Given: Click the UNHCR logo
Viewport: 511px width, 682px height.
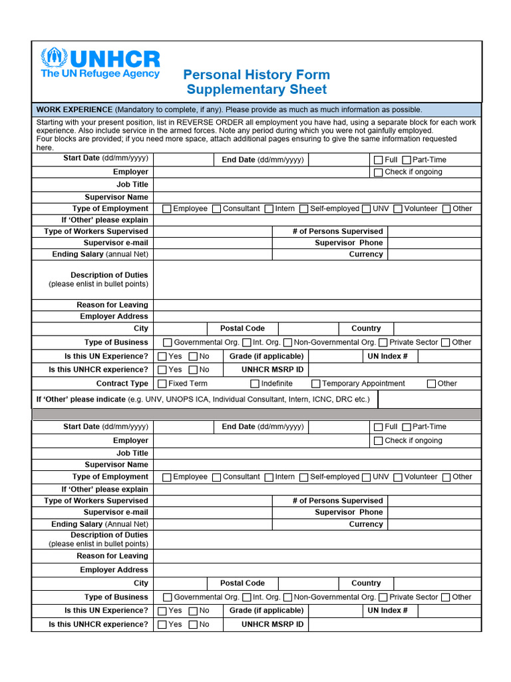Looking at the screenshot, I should click(x=100, y=63).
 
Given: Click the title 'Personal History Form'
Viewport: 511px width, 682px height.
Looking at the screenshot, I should click(x=256, y=75).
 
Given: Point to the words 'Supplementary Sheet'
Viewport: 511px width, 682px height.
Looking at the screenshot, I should click(x=256, y=90).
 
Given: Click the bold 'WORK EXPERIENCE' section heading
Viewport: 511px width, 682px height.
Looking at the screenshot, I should click(x=74, y=109).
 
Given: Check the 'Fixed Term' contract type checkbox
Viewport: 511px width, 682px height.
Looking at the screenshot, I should click(x=162, y=384).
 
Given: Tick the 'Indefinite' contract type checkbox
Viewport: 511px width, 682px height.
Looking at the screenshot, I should click(x=255, y=384).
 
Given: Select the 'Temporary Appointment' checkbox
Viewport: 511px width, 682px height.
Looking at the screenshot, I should click(x=316, y=384).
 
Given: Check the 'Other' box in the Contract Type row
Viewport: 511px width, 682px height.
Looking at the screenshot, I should click(x=431, y=384).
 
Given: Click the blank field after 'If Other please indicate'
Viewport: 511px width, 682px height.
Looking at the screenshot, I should click(x=429, y=399).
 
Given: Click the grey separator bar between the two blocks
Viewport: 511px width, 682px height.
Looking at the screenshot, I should click(x=256, y=414).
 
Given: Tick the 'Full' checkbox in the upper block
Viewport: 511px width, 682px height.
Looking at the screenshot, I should click(x=378, y=160).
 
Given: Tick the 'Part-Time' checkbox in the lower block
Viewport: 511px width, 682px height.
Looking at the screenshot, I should click(x=406, y=427).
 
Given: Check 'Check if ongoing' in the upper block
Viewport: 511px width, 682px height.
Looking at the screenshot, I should click(x=378, y=172).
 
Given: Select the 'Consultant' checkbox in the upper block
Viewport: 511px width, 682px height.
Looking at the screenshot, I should click(x=216, y=208).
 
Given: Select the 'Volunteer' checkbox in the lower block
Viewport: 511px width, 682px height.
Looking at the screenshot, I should click(x=397, y=477).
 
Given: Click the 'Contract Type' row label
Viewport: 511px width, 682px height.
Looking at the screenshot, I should click(x=122, y=384).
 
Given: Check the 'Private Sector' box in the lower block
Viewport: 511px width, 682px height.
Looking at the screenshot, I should click(x=383, y=597).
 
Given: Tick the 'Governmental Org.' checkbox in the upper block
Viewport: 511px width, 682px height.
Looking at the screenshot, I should click(x=167, y=342).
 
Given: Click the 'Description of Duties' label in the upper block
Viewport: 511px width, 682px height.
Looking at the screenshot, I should click(x=109, y=275).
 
